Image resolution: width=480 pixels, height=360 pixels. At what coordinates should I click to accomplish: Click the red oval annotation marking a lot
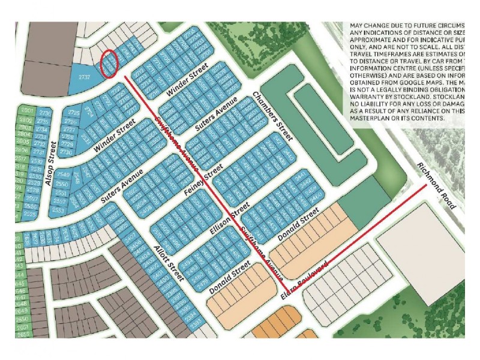[109, 64]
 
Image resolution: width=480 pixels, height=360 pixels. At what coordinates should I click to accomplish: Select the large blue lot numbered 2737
[85, 77]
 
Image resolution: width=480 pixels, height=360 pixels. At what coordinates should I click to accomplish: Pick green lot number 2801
[26, 112]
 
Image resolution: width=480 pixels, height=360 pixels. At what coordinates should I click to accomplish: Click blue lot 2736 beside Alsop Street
[43, 113]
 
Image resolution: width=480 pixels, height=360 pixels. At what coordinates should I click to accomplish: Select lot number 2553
[58, 211]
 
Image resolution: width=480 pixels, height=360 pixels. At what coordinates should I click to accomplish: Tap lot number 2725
[74, 113]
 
